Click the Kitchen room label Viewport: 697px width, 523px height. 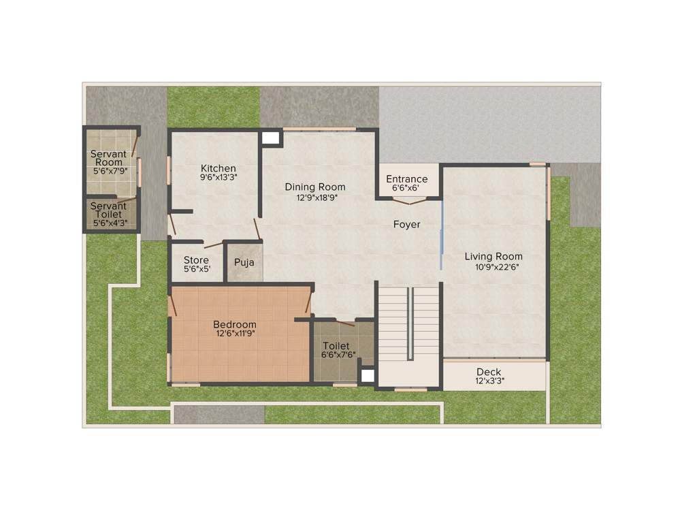[218, 168]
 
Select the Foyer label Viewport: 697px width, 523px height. [406, 224]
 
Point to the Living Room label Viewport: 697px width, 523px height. [493, 256]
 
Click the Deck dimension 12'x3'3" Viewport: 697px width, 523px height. [489, 381]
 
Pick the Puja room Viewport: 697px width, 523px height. [244, 262]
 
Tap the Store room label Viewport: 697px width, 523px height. [196, 260]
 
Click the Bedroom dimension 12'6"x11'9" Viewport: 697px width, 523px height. [236, 334]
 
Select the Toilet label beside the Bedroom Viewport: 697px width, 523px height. [336, 345]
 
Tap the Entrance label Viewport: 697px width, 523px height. [407, 179]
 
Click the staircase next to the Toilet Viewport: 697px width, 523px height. [408, 334]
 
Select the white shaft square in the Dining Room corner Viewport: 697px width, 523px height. [272, 138]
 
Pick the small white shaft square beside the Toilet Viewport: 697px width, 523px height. [368, 376]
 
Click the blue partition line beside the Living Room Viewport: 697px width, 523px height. [442, 235]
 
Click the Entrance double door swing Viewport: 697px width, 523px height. [410, 200]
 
